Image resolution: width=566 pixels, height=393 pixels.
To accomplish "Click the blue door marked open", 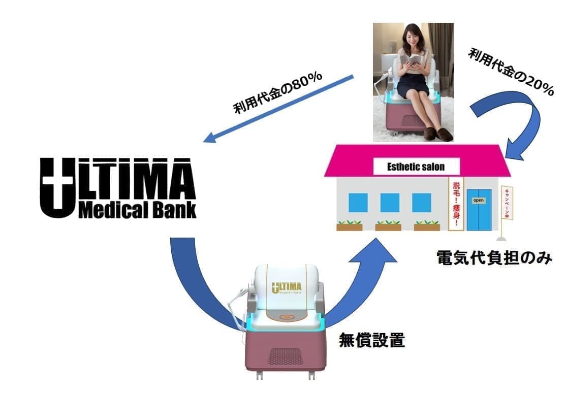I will [479, 209].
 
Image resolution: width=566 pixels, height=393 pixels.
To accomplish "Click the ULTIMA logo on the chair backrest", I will [287, 288].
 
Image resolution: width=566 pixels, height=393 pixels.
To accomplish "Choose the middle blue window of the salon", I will [389, 203].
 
